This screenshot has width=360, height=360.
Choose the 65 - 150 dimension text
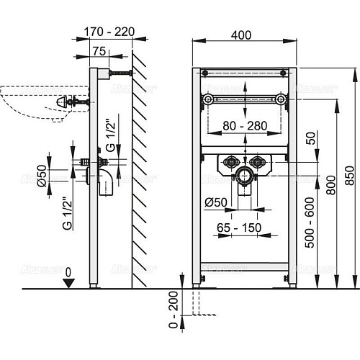240,228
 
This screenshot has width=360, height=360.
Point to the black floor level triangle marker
67,282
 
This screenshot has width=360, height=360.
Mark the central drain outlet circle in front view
246,174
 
